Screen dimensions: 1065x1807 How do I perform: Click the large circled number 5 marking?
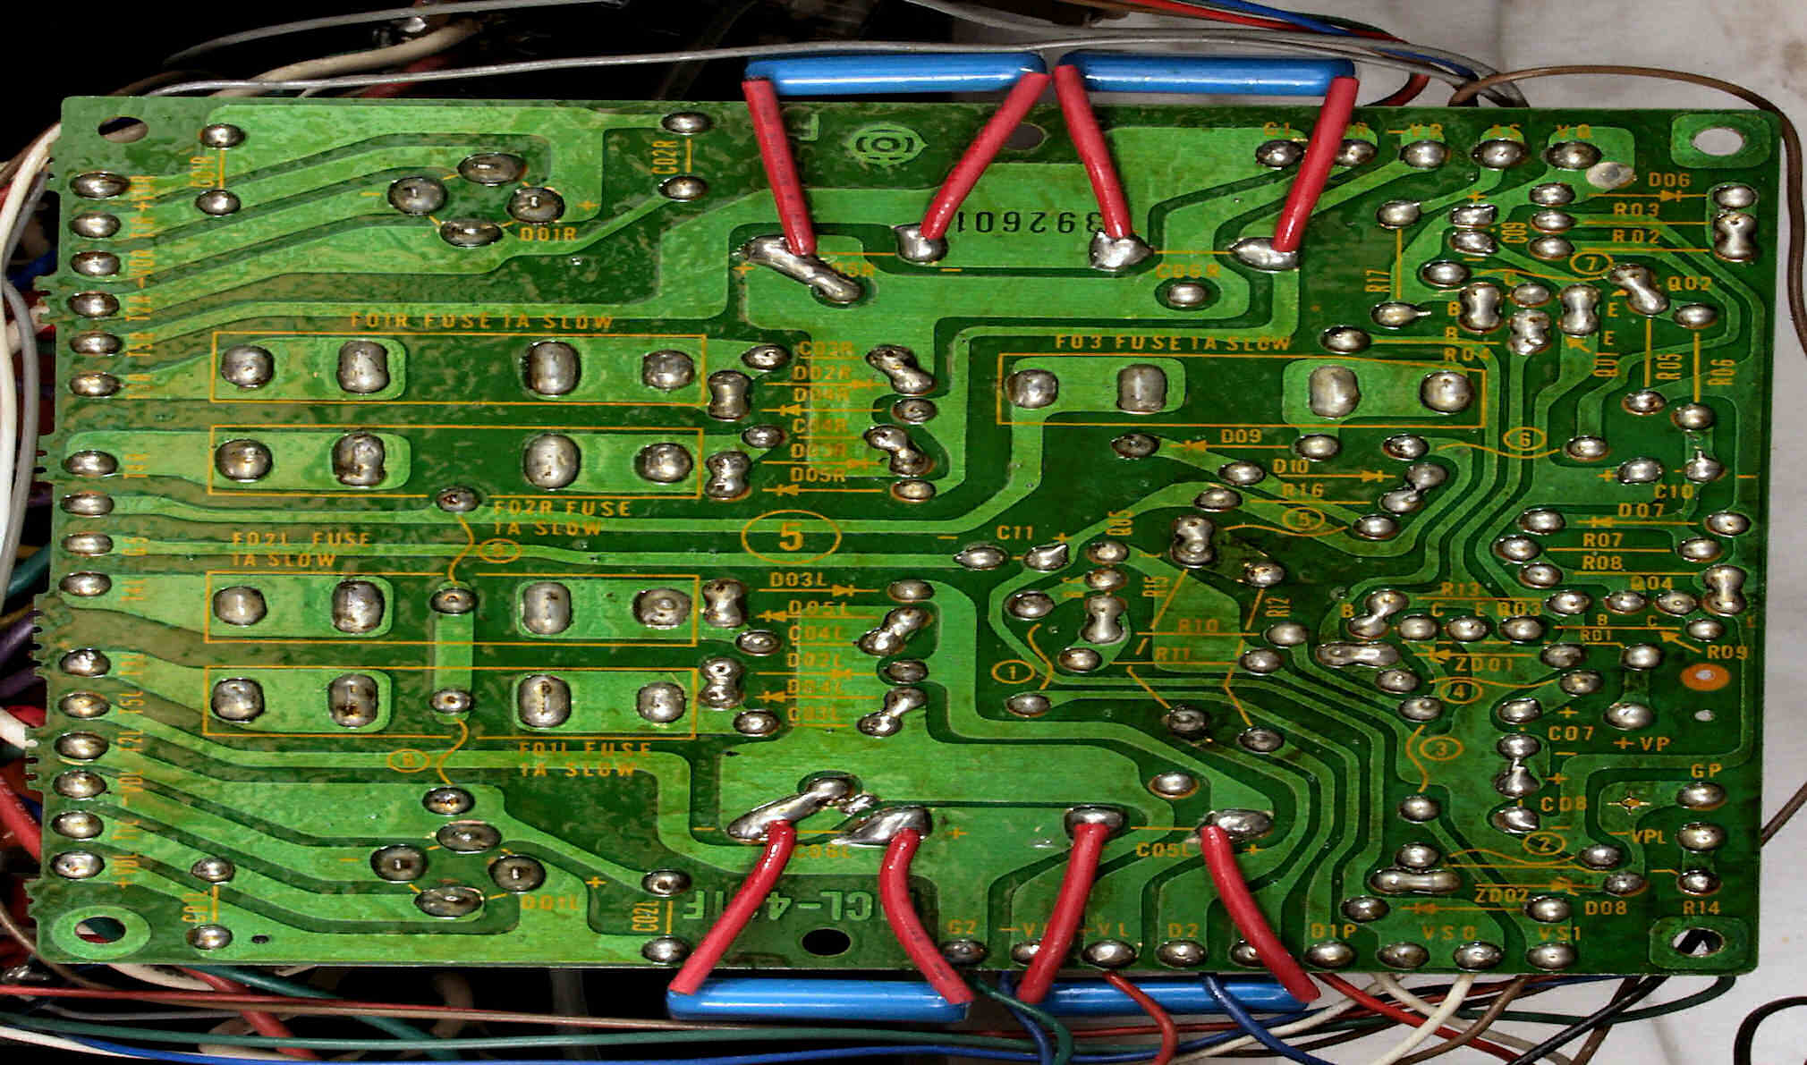pyautogui.click(x=791, y=537)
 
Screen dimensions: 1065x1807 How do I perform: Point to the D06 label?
pyautogui.click(x=1668, y=182)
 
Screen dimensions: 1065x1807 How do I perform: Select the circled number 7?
pyautogui.click(x=1590, y=265)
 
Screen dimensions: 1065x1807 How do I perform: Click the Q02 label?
pyautogui.click(x=1690, y=283)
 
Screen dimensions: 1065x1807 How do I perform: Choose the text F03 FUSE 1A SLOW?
pyautogui.click(x=1173, y=342)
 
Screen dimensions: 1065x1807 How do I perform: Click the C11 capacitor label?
pyautogui.click(x=1016, y=533)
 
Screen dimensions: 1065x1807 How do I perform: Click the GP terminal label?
pyautogui.click(x=1706, y=771)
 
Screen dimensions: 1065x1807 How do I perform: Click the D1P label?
pyautogui.click(x=1334, y=931)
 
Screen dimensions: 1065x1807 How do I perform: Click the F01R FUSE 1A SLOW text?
pyautogui.click(x=481, y=321)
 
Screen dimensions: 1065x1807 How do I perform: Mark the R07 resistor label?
pyautogui.click(x=1602, y=540)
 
